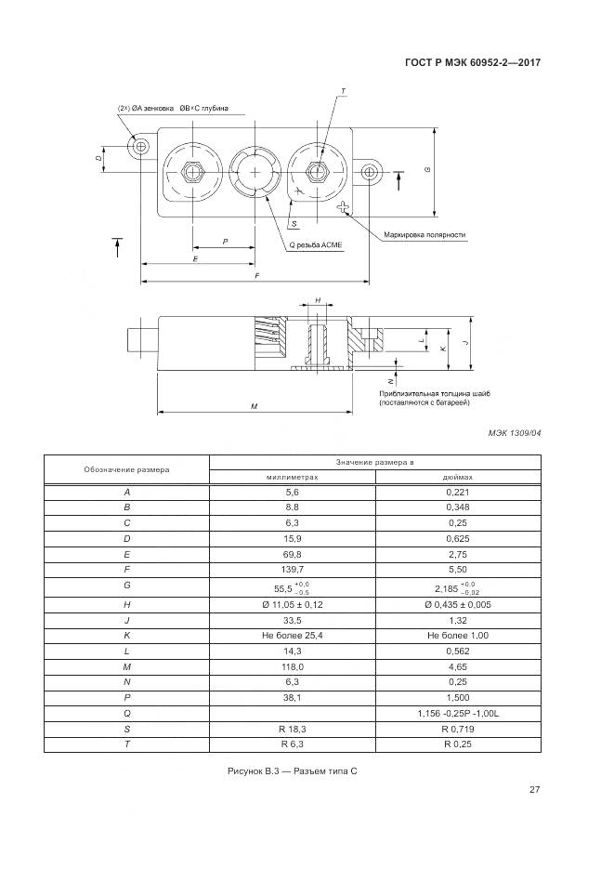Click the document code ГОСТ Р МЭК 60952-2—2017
pyautogui.click(x=473, y=63)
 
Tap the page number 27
pyautogui.click(x=535, y=790)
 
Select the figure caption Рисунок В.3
pyautogui.click(x=293, y=772)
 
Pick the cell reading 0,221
pyautogui.click(x=458, y=491)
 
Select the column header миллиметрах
pyautogui.click(x=293, y=476)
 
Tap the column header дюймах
pyautogui.click(x=458, y=476)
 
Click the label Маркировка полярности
pyautogui.click(x=425, y=235)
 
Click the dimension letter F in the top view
pyautogui.click(x=257, y=276)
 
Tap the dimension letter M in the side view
pyautogui.click(x=254, y=406)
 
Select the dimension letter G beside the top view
pyautogui.click(x=426, y=170)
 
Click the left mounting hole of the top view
pyautogui.click(x=141, y=146)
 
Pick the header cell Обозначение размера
pyautogui.click(x=127, y=469)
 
